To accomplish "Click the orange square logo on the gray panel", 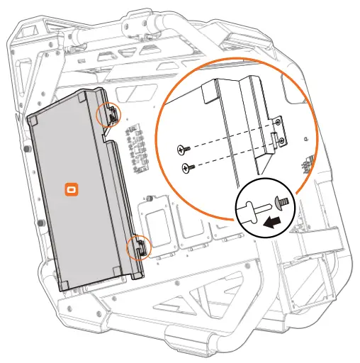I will [x=72, y=190].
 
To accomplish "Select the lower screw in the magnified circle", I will [x=186, y=167].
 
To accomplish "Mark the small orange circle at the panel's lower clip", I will [x=138, y=248].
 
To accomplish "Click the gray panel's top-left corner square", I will [x=34, y=122].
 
